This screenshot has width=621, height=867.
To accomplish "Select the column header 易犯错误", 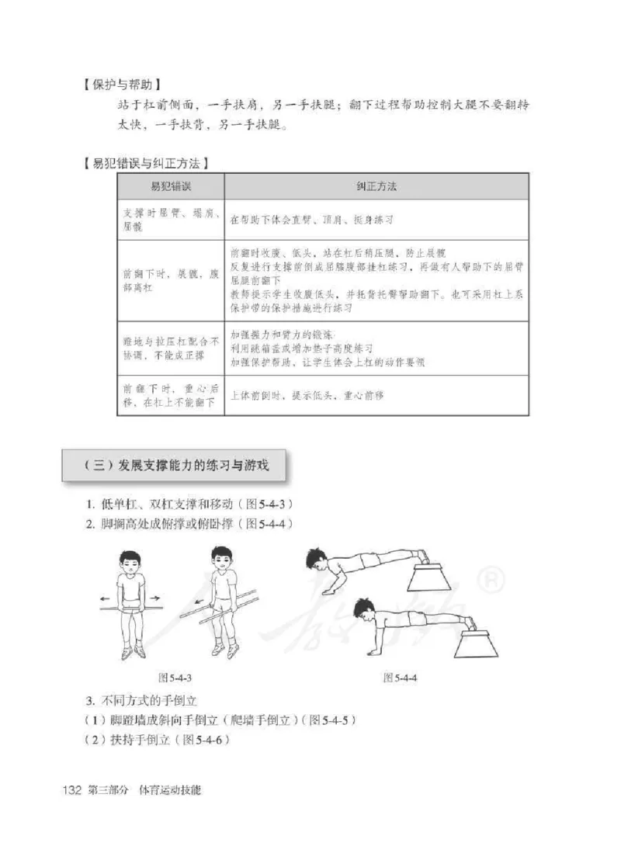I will [170, 187].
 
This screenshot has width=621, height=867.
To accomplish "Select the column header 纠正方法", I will [376, 187].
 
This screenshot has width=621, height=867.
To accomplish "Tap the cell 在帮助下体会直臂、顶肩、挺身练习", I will [312, 220].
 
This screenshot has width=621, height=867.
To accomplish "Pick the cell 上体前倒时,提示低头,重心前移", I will [307, 395].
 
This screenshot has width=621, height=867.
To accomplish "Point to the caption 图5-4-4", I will [401, 678].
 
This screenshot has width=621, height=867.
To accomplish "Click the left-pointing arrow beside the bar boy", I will [108, 598].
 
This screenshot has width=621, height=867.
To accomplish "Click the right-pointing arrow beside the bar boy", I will [155, 598].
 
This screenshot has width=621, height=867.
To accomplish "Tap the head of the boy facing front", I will [130, 564].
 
